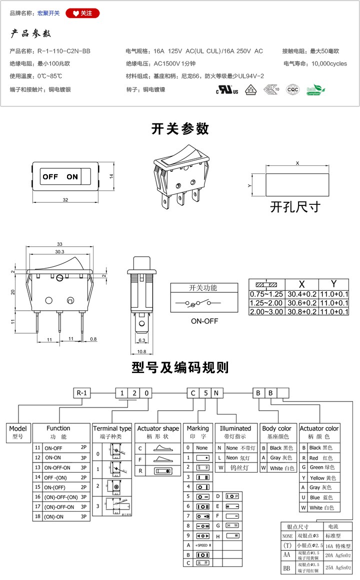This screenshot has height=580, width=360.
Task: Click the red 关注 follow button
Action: tap(82, 13)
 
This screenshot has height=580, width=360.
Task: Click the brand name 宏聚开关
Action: tap(48, 13)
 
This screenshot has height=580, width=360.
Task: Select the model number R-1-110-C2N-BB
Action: tap(64, 51)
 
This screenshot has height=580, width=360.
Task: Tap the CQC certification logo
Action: tap(292, 90)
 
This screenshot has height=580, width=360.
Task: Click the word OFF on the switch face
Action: tap(50, 176)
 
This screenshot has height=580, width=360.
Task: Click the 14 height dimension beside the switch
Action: tap(112, 176)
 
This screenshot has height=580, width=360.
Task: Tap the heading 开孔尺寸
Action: tap(295, 206)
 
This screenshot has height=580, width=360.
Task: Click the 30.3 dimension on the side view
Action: tap(59, 252)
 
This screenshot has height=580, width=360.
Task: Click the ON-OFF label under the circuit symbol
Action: tap(204, 321)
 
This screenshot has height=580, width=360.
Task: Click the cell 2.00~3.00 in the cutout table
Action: tap(266, 311)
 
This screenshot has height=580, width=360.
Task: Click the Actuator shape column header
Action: tap(158, 429)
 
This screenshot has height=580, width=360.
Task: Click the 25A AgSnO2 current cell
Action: tap(338, 567)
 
